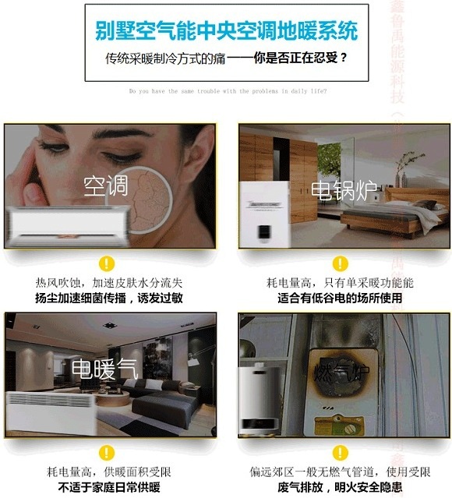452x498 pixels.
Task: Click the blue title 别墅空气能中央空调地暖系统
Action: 226,31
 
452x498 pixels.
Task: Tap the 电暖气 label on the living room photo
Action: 104,369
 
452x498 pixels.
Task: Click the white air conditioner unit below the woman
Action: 66,224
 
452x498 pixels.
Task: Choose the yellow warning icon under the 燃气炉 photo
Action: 340,452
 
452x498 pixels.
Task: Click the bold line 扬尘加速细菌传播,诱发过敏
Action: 108,298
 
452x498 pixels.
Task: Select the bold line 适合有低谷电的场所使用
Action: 340,298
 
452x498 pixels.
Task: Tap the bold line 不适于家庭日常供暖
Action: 108,487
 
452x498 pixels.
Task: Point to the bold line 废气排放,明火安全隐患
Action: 340,487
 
